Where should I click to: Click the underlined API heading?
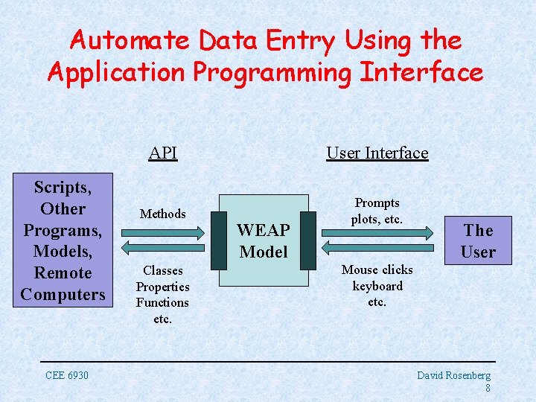click(162, 153)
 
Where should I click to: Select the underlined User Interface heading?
click(377, 153)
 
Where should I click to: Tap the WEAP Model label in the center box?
click(264, 241)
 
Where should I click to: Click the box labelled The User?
click(478, 241)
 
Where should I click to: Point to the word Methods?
click(162, 214)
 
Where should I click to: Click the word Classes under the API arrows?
click(162, 270)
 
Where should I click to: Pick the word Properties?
click(162, 287)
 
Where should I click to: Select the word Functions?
click(162, 302)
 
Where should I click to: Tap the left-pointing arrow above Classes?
click(162, 251)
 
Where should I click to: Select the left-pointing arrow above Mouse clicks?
click(377, 250)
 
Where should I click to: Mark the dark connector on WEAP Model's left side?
click(219, 240)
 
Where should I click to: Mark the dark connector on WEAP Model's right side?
click(308, 240)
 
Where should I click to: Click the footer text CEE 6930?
click(66, 375)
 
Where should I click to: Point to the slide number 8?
click(487, 388)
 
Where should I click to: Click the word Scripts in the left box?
click(63, 187)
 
